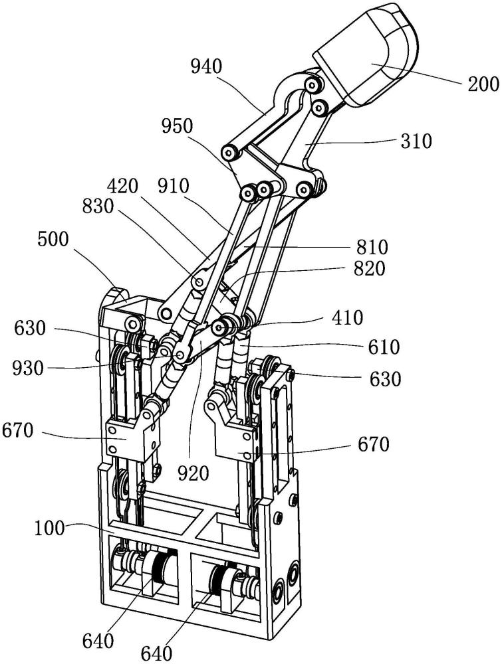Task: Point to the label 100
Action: click(x=51, y=530)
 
